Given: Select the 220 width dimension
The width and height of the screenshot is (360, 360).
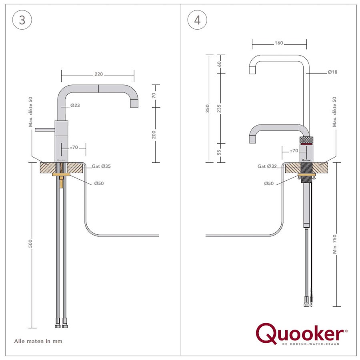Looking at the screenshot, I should [x=99, y=74].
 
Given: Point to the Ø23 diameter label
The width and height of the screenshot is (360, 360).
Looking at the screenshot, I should [x=75, y=106].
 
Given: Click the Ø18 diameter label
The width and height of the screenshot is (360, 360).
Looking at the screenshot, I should [x=332, y=72].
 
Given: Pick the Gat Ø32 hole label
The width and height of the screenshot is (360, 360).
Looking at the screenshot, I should [x=268, y=166].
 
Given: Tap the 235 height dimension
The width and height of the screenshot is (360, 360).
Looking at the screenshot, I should [x=219, y=109].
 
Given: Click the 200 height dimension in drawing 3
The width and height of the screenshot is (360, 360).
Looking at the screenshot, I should [x=154, y=135].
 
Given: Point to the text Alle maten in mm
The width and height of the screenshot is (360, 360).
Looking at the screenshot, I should [x=38, y=341].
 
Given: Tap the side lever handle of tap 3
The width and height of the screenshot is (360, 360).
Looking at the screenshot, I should [x=44, y=130].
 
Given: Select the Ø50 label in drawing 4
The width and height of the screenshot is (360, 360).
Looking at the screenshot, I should [x=269, y=183].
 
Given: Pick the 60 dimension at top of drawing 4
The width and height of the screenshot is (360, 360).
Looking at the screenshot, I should [x=219, y=64].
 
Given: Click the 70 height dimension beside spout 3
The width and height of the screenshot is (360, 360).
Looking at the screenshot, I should [x=154, y=96].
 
